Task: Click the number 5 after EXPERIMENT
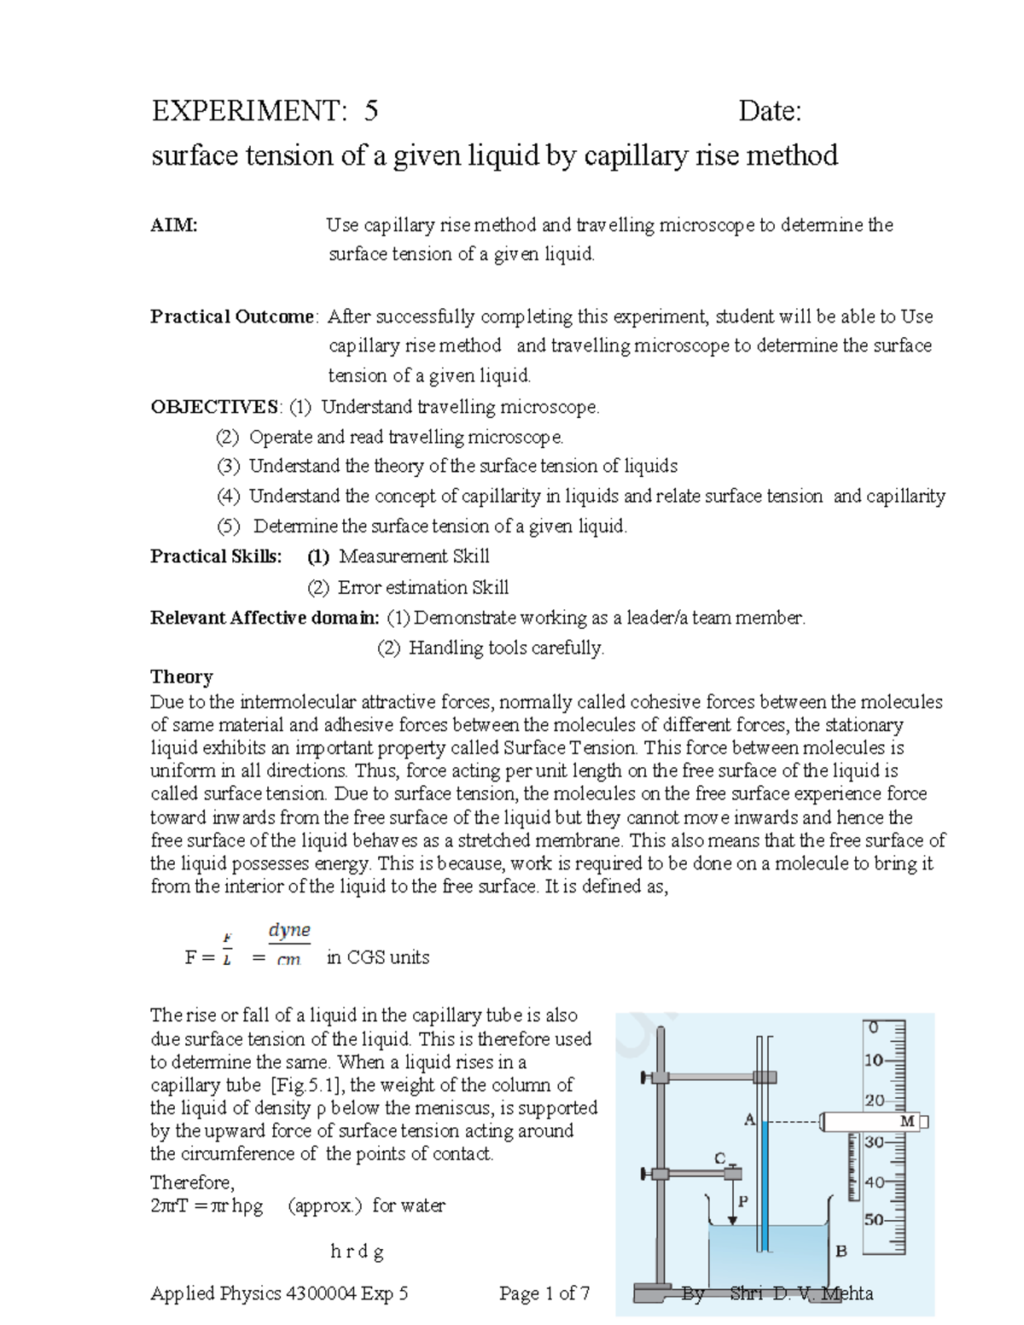pyautogui.click(x=370, y=111)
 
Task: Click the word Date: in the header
pyautogui.click(x=770, y=111)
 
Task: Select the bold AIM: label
pyautogui.click(x=174, y=225)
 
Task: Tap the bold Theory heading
pyautogui.click(x=181, y=677)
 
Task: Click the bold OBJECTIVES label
pyautogui.click(x=215, y=407)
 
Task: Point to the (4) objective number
pyautogui.click(x=228, y=497)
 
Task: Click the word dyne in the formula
pyautogui.click(x=289, y=930)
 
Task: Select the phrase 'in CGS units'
pyautogui.click(x=378, y=957)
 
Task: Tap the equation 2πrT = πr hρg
pyautogui.click(x=207, y=1206)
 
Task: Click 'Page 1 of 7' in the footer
pyautogui.click(x=544, y=1293)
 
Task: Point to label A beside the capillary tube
pyautogui.click(x=749, y=1119)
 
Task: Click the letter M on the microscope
pyautogui.click(x=907, y=1121)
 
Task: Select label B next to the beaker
pyautogui.click(x=841, y=1252)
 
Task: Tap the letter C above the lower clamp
pyautogui.click(x=719, y=1158)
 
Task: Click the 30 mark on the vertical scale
pyautogui.click(x=874, y=1142)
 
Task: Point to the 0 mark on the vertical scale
pyautogui.click(x=873, y=1028)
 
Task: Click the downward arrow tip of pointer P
pyautogui.click(x=732, y=1222)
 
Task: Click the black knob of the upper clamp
pyautogui.click(x=646, y=1078)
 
